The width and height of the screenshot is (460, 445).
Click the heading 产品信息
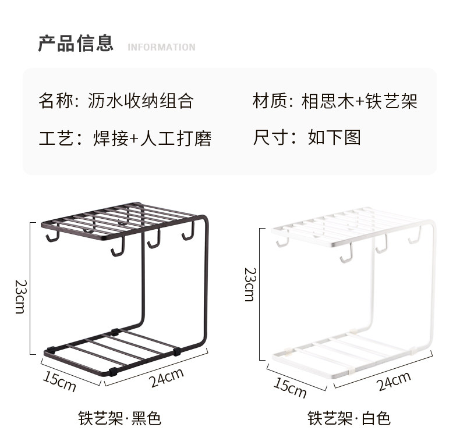click(76, 44)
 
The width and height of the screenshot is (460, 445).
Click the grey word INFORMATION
click(161, 47)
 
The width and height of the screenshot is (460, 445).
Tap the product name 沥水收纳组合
click(140, 101)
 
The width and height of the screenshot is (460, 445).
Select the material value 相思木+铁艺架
click(359, 101)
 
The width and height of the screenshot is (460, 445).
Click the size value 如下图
click(335, 137)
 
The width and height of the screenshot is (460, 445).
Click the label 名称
click(55, 101)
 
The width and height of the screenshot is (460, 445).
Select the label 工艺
click(55, 138)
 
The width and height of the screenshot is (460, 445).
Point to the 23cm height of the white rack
click(249, 284)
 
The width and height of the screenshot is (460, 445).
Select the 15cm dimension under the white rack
click(290, 387)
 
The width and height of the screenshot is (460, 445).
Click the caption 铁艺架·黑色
click(119, 418)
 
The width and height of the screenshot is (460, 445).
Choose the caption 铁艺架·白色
click(349, 418)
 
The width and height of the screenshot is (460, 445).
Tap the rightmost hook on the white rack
click(415, 236)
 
